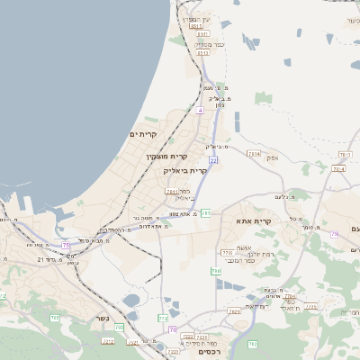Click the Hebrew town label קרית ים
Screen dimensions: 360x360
tap(143, 134)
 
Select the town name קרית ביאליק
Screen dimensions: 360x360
tap(185, 169)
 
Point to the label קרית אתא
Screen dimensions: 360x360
tap(255, 221)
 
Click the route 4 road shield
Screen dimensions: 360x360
tap(200, 110)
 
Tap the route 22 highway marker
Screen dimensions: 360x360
tap(212, 159)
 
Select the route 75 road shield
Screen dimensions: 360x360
tap(66, 245)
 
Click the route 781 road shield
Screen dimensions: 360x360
tap(206, 213)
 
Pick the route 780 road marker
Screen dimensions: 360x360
tap(215, 270)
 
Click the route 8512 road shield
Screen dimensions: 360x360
tap(202, 53)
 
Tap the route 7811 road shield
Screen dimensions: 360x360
tap(171, 192)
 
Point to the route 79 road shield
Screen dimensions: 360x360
tap(334, 234)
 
